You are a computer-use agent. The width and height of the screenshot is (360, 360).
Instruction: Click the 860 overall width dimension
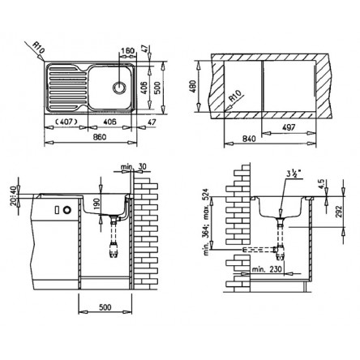point(100,137)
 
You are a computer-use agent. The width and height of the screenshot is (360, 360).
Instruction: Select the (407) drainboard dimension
point(66,122)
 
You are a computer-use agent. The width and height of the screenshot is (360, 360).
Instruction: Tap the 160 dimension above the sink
point(127,51)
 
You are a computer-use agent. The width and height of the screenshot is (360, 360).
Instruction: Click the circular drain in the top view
point(119,88)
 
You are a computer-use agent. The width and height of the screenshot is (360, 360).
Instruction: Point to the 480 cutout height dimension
point(193,87)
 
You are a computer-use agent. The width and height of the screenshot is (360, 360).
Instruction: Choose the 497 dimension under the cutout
point(289,127)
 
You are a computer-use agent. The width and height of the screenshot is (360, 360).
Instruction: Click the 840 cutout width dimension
point(249,139)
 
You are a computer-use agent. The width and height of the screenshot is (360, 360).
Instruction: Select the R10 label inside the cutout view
point(234,96)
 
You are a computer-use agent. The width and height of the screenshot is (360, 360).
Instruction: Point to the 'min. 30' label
point(134,166)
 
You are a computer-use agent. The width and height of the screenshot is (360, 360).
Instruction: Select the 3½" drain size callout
point(294,174)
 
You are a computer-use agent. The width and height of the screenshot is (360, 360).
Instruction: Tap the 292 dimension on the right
point(340,212)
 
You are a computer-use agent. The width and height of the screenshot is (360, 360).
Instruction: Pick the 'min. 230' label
point(267,269)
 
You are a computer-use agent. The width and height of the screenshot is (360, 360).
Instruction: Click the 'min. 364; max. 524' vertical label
point(207,222)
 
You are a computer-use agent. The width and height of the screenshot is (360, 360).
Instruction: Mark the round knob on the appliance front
point(66,210)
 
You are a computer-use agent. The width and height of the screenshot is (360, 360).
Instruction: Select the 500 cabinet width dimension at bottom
point(105,307)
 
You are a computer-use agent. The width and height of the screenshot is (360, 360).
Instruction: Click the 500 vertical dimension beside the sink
point(158,88)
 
